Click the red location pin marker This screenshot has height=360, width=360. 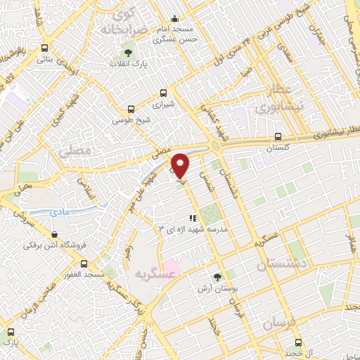click(181, 165)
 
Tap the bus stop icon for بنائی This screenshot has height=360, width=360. click(45, 49)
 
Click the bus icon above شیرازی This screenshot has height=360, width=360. click(164, 92)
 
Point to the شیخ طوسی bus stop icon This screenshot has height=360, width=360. click(130, 109)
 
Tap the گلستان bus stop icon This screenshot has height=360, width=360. click(278, 136)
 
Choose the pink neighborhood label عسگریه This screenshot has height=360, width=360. click(154, 274)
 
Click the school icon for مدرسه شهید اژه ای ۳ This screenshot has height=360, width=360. click(191, 218)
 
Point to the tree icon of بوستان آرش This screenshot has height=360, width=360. click(217, 277)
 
